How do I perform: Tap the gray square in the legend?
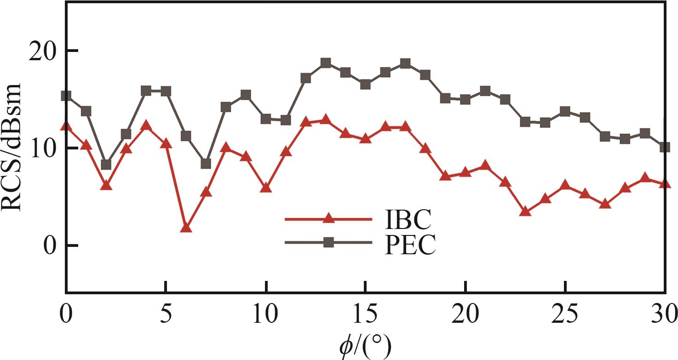[x=328, y=243]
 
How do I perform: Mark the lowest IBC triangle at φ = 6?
[x=186, y=227]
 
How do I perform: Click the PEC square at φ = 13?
[x=326, y=63]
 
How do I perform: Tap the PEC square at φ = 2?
[x=106, y=165]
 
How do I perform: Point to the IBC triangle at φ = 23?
[x=526, y=211]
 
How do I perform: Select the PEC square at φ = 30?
[x=665, y=148]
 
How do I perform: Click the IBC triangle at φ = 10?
[x=265, y=188]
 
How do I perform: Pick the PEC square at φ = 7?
[x=206, y=164]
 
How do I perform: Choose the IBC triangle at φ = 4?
[x=146, y=125]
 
